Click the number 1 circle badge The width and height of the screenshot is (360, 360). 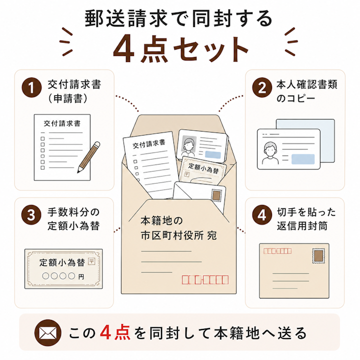(x=31, y=87)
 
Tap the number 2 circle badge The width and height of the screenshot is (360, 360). (x=262, y=87)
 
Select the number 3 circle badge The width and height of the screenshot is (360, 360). (x=31, y=215)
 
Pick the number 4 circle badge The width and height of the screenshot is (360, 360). (x=262, y=215)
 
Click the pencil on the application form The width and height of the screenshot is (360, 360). (x=88, y=157)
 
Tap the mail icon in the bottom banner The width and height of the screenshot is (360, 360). (x=48, y=333)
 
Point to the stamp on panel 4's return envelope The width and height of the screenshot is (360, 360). (x=318, y=256)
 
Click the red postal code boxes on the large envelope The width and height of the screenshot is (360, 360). (x=205, y=279)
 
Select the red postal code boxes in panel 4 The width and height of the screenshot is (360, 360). (x=277, y=251)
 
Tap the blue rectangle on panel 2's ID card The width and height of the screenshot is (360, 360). (x=303, y=159)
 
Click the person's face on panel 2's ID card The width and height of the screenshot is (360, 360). (x=270, y=148)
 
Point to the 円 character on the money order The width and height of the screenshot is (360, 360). (x=81, y=276)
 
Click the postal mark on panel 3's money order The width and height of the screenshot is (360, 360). (x=91, y=261)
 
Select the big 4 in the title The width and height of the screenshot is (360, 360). (x=124, y=49)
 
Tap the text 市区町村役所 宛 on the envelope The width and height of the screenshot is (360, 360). (x=178, y=235)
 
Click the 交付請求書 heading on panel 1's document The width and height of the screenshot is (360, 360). (x=62, y=123)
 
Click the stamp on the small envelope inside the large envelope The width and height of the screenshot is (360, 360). (x=216, y=196)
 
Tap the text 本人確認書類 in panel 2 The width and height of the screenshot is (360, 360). (x=306, y=84)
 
